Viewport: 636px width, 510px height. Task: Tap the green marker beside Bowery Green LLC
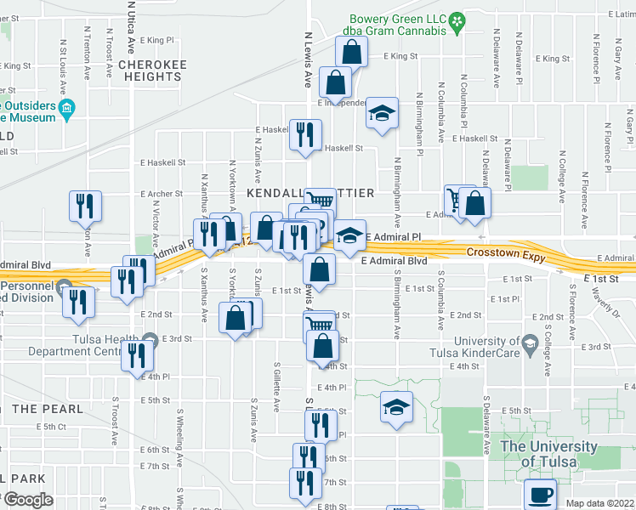[x=457, y=20]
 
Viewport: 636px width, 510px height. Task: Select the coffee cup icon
[x=539, y=492]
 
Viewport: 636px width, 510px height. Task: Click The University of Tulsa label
[x=549, y=454]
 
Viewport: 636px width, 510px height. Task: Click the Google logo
[x=27, y=500]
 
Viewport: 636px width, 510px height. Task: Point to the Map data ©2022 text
[x=599, y=503]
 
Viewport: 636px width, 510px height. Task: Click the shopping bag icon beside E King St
[x=351, y=52]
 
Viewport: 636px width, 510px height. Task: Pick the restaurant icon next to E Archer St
[x=86, y=205]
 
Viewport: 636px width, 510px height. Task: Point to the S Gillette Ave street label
[x=277, y=387]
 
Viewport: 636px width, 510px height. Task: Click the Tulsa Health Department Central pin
[x=150, y=342]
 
